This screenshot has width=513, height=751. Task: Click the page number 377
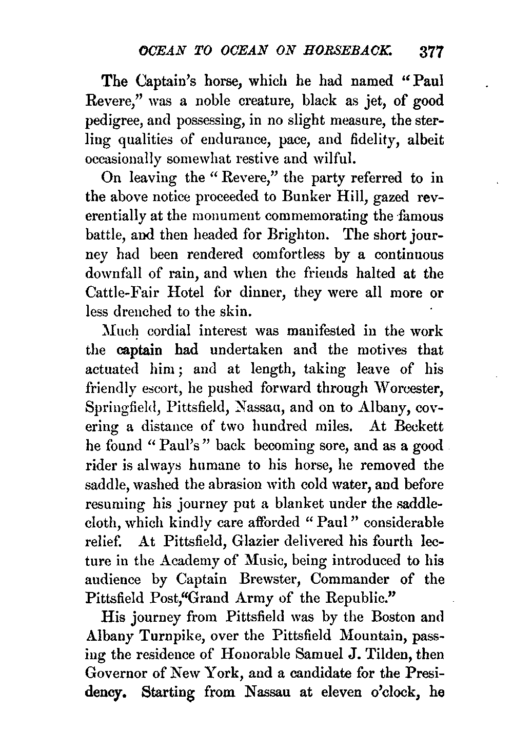(x=430, y=53)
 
